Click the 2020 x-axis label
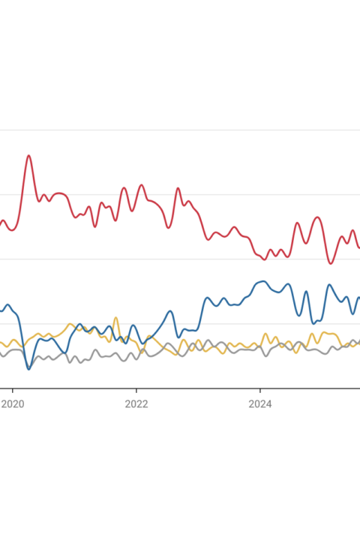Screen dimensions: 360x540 pyautogui.click(x=13, y=404)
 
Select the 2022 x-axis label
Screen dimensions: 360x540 pyautogui.click(x=136, y=404)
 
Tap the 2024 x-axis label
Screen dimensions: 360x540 pyautogui.click(x=260, y=404)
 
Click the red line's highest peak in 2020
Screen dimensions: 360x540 pyautogui.click(x=29, y=156)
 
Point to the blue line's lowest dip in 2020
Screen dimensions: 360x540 pyautogui.click(x=29, y=369)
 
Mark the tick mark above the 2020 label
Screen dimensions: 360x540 pyautogui.click(x=13, y=391)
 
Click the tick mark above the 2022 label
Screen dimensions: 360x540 pyautogui.click(x=136, y=391)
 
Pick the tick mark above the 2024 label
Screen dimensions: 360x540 pyautogui.click(x=260, y=391)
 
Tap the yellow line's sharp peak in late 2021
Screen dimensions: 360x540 pyautogui.click(x=115, y=317)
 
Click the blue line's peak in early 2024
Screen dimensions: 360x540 pyautogui.click(x=263, y=281)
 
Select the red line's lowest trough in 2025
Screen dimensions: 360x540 pyautogui.click(x=331, y=264)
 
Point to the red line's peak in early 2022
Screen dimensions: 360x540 pyautogui.click(x=141, y=185)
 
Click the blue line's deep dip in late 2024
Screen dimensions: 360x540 pyautogui.click(x=313, y=323)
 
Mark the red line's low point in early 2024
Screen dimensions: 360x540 pyautogui.click(x=265, y=259)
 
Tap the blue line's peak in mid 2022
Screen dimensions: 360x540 pyautogui.click(x=169, y=311)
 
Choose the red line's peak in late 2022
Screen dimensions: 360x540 pyautogui.click(x=178, y=188)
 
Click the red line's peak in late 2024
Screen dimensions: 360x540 pyautogui.click(x=318, y=217)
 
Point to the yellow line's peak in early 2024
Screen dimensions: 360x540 pyautogui.click(x=265, y=334)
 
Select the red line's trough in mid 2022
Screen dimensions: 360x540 pyautogui.click(x=168, y=228)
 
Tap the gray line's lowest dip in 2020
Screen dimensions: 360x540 pyautogui.click(x=30, y=367)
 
